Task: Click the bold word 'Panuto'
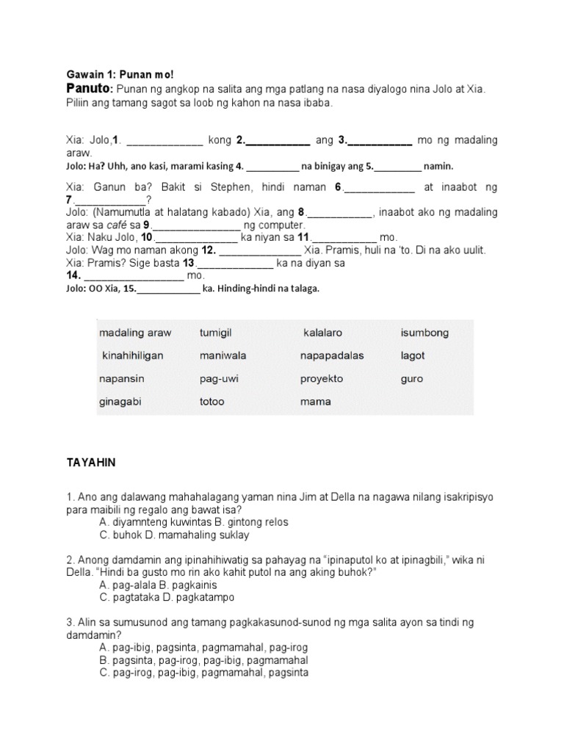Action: point(87,89)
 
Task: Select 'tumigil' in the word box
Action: point(215,333)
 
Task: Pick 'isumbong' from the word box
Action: point(424,333)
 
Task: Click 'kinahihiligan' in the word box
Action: point(132,355)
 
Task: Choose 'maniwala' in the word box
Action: point(223,355)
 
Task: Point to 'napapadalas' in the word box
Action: point(331,355)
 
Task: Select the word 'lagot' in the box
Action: point(413,355)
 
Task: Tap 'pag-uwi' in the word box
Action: point(219,379)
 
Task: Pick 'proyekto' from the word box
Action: point(321,379)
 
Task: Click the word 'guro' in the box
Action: point(412,379)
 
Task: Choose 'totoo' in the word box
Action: point(211,402)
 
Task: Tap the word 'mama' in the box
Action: point(315,402)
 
